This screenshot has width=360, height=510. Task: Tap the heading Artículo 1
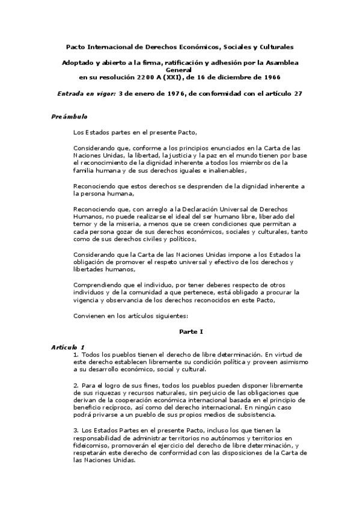[x=67, y=347]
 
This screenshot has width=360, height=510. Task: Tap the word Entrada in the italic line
[x=71, y=94]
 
